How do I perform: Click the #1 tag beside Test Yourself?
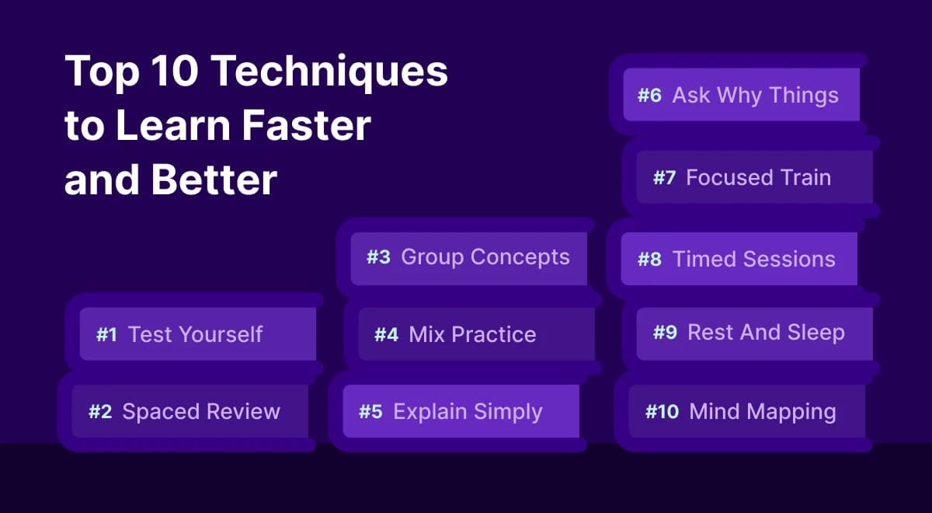pos(106,335)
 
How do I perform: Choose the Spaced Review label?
pos(201,411)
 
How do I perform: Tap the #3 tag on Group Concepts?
pos(378,257)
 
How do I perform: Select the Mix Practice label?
pos(472,335)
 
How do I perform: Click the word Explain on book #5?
pos(428,412)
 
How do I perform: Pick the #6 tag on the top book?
pos(649,96)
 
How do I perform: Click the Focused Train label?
pos(758,177)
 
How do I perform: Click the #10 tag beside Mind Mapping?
pos(662,411)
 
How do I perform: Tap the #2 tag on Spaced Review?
pos(100,411)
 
